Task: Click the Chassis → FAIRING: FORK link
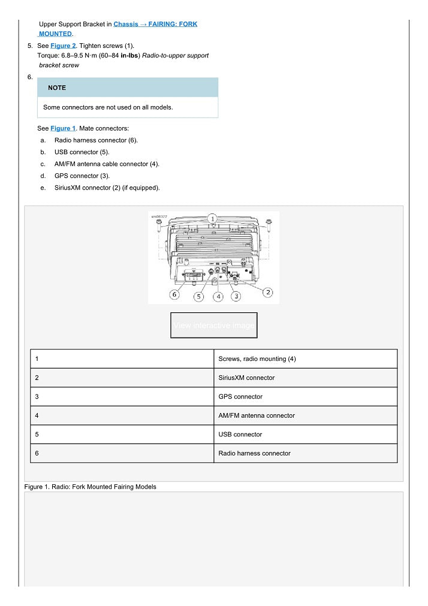155,24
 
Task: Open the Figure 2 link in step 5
63,46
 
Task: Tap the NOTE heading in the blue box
57,88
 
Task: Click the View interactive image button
214,325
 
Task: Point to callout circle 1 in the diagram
212,219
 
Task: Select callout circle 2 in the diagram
268,292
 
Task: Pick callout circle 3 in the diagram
237,296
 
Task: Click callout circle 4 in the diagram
219,296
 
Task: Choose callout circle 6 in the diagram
174,294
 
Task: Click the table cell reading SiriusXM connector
247,378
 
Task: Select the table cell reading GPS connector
240,397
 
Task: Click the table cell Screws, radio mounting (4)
257,359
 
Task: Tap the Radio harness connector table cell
255,453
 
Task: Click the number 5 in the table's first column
37,435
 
